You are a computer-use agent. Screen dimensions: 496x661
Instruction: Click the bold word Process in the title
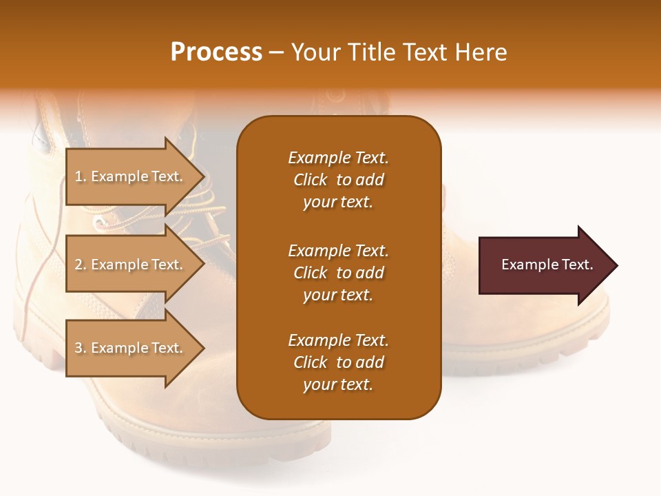click(x=216, y=52)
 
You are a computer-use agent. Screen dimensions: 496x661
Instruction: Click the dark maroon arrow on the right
click(x=544, y=265)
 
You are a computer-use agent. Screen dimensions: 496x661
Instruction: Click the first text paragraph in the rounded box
click(x=338, y=180)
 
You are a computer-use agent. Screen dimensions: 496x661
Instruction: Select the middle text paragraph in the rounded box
click(x=338, y=273)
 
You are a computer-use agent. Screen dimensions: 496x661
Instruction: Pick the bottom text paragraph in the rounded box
click(x=338, y=362)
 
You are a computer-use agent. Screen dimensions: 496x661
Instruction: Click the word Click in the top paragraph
click(x=311, y=180)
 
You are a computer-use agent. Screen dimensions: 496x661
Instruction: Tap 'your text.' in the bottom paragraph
click(x=338, y=384)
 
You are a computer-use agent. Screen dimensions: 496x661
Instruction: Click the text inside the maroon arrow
click(x=547, y=265)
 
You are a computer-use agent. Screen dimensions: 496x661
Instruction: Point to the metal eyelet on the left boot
click(x=101, y=222)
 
